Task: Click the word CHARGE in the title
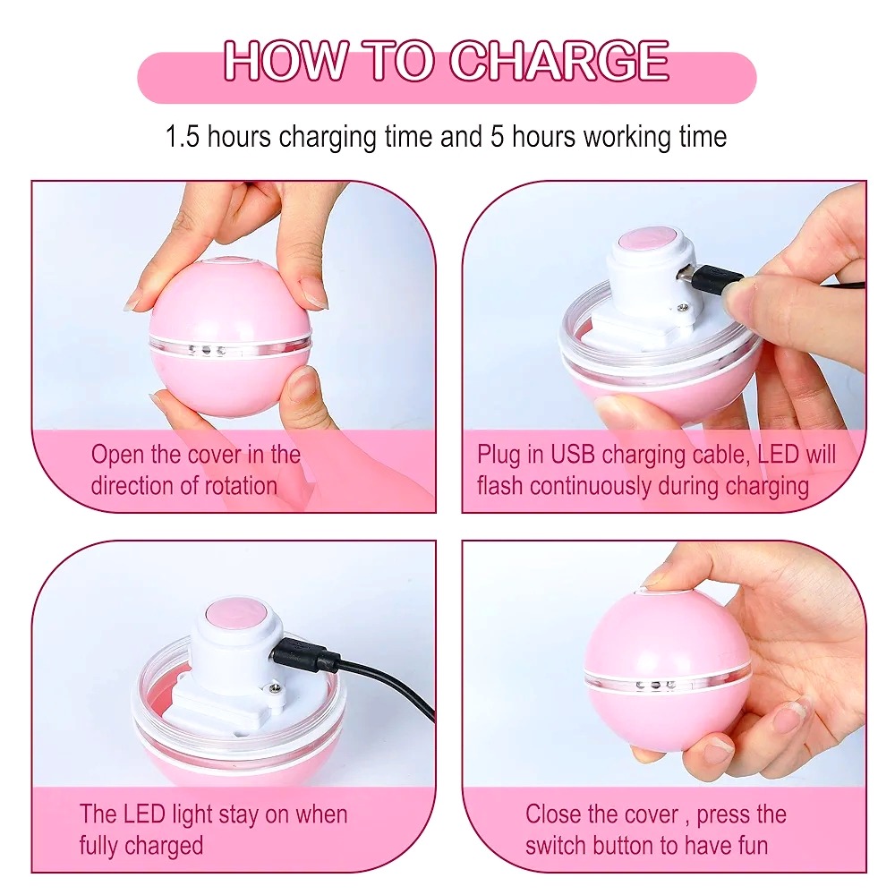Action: pos(559,61)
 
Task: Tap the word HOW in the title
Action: pos(286,61)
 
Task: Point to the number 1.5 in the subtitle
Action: pos(183,137)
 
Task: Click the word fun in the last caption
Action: pos(750,846)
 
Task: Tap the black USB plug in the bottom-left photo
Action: pos(302,655)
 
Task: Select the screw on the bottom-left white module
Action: pos(274,690)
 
